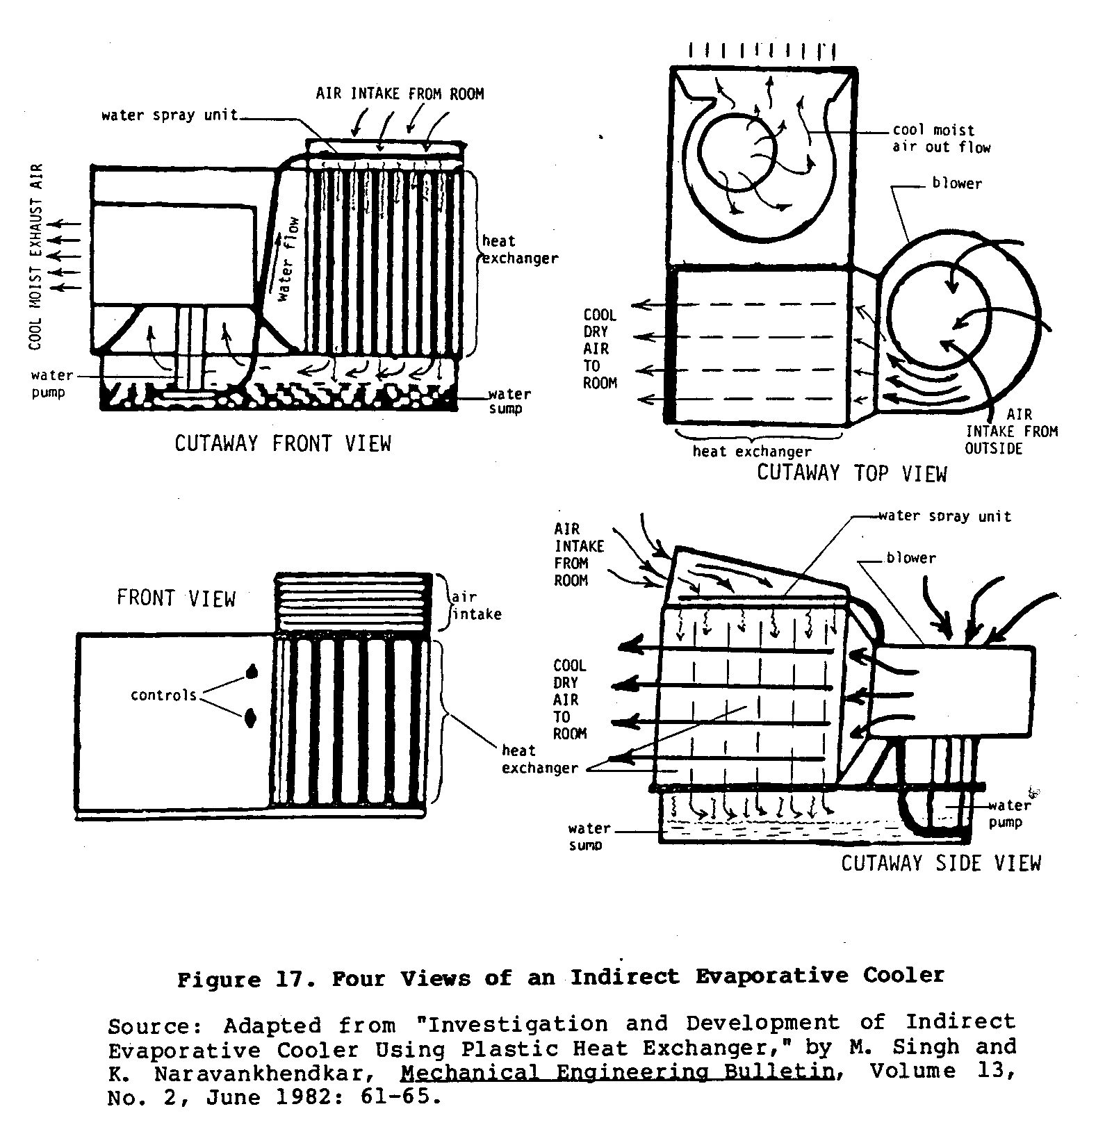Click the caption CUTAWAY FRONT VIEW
283,443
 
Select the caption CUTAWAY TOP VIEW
851,473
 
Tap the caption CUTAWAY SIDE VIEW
940,863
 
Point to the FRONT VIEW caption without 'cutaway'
176,599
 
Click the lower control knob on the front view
251,718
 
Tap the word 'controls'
163,695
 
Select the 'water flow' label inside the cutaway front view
288,259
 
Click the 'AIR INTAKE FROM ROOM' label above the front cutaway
400,94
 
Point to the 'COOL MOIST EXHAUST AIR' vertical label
36,256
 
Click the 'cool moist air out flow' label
941,138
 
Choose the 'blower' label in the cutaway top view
957,184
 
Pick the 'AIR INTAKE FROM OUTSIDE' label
1011,432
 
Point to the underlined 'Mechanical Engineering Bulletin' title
617,1072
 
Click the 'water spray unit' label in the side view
944,516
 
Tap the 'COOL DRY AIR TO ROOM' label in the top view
599,349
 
